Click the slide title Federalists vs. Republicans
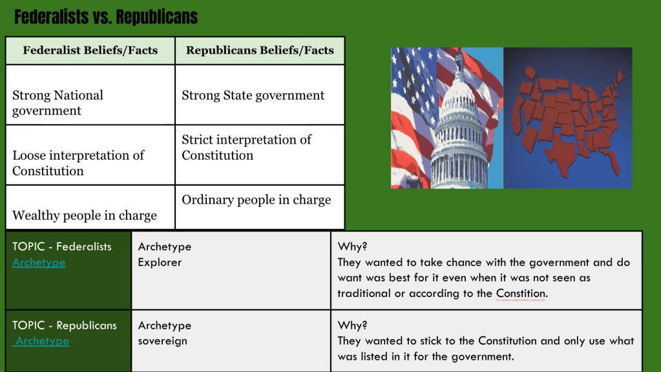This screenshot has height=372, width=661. tap(106, 17)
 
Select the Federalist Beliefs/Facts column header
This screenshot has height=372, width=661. tap(90, 50)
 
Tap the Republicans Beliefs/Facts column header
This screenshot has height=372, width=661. tap(260, 50)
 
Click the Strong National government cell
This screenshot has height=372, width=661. tap(90, 94)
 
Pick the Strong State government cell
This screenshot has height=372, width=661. tap(260, 94)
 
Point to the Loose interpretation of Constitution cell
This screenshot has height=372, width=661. tap(90, 155)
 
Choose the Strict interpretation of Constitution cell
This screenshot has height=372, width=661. tap(260, 155)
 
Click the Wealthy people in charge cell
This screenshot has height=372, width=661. tap(90, 207)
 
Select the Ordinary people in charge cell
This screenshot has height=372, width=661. tap(260, 207)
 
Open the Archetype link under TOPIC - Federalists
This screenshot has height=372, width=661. tap(39, 263)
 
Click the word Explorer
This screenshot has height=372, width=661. tap(160, 263)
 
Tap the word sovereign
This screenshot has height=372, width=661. tap(162, 341)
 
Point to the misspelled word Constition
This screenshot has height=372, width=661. tap(521, 294)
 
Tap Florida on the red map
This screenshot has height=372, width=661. tap(611, 160)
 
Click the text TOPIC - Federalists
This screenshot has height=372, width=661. tap(62, 246)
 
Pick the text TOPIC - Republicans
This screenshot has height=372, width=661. tap(65, 325)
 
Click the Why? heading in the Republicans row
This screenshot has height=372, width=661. tap(352, 325)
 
